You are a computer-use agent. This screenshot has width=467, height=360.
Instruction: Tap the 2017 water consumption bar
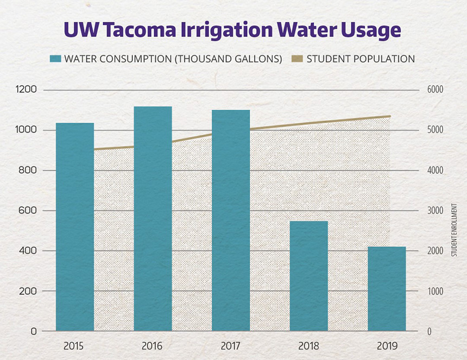pyautogui.click(x=231, y=220)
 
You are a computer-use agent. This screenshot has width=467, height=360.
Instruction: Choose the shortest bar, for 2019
pyautogui.click(x=387, y=288)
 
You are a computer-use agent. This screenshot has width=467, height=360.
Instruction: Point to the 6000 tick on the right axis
pyautogui.click(x=437, y=90)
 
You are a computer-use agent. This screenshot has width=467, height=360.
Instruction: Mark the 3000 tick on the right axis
pyautogui.click(x=437, y=211)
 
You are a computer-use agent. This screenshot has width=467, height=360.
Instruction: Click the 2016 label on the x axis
pyautogui.click(x=153, y=346)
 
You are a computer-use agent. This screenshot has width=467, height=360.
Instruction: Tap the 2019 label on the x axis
pyautogui.click(x=387, y=346)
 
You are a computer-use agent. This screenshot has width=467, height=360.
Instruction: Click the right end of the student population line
pyautogui.click(x=390, y=116)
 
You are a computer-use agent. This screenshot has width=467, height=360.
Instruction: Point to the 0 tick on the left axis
pyautogui.click(x=34, y=331)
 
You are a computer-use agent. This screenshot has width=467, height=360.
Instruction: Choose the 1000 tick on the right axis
pyautogui.click(x=437, y=291)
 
